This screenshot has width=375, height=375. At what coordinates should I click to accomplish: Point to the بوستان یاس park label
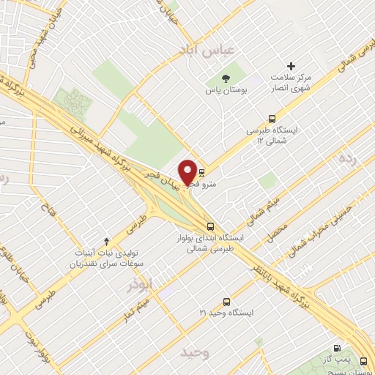[226, 91]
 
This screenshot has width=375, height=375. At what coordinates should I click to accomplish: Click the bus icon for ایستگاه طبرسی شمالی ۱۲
[272, 118]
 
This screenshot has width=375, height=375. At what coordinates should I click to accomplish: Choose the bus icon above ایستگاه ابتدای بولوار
[210, 226]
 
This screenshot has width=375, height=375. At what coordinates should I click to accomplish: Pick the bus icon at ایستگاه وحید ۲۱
[226, 301]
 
